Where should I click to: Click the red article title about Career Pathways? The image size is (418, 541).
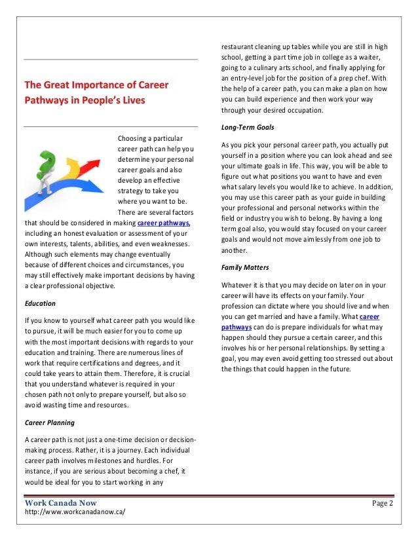coord(96,92)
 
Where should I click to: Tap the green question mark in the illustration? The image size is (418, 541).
coord(47,162)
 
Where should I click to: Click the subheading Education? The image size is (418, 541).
coord(39,303)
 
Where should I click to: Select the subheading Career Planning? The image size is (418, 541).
coord(49,422)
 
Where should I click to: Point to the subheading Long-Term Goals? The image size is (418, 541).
coord(248,127)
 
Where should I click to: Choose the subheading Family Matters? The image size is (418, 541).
coord(245,268)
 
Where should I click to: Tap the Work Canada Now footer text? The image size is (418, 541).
coord(60,503)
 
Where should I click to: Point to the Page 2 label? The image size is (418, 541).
coord(382,504)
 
